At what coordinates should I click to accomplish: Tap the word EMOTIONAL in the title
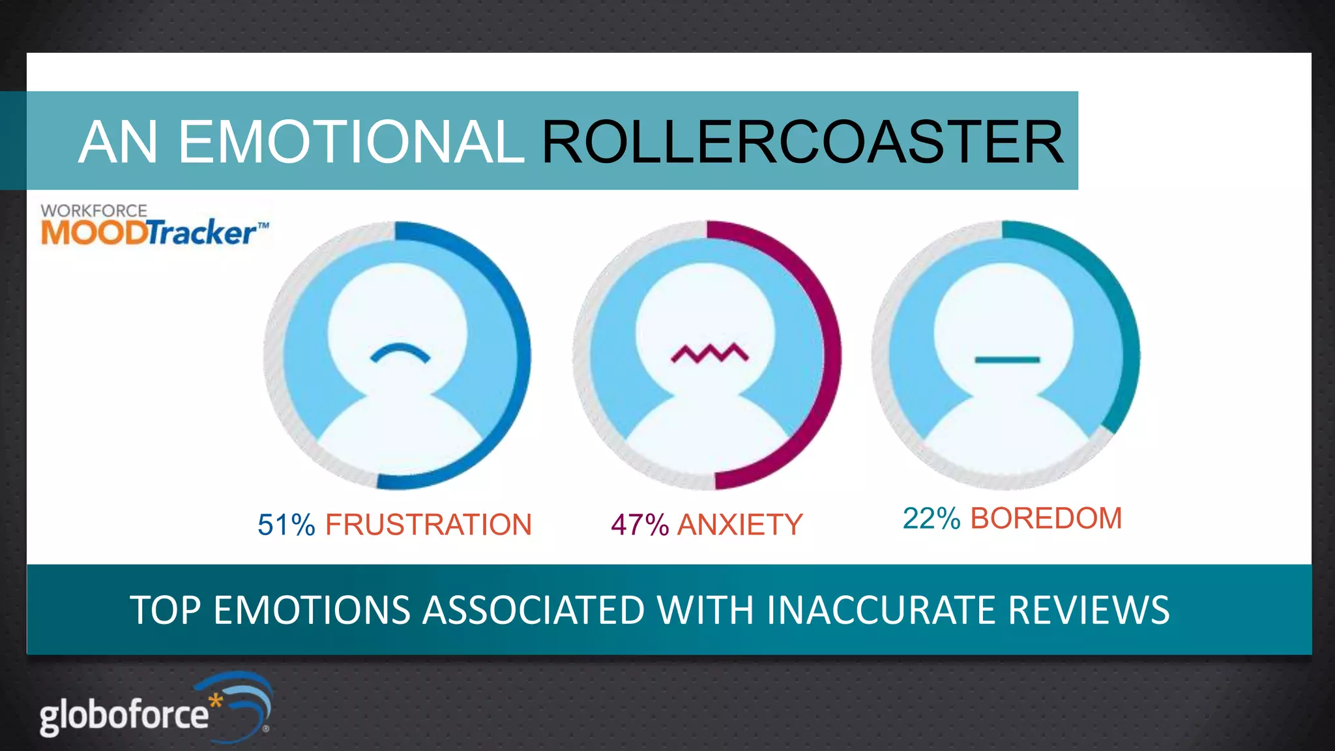pos(351,142)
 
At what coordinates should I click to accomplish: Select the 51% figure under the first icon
pos(286,525)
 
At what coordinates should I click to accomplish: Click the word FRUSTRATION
pos(428,525)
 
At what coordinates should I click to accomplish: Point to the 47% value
pos(639,525)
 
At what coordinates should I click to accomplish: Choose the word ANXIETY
pos(740,525)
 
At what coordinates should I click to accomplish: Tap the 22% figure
pos(931,519)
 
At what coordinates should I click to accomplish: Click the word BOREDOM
pos(1046,519)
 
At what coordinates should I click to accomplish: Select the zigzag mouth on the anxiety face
pos(710,354)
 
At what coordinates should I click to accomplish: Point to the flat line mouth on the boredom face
pos(1006,360)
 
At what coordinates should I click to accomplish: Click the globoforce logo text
pos(124,715)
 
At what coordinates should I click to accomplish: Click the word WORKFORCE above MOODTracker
pos(94,211)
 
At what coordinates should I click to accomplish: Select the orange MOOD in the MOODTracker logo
pos(93,233)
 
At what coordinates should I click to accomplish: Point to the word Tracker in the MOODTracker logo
pos(202,233)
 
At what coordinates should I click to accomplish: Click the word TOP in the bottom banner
pos(166,610)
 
